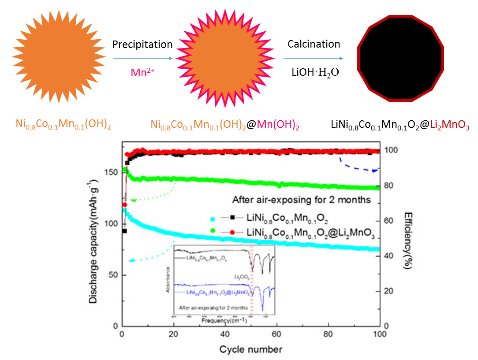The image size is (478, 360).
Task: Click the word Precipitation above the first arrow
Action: (x=142, y=45)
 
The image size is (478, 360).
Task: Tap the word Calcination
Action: (x=314, y=44)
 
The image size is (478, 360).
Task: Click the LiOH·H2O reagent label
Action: (x=314, y=72)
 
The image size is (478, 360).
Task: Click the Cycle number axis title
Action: (x=250, y=350)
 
